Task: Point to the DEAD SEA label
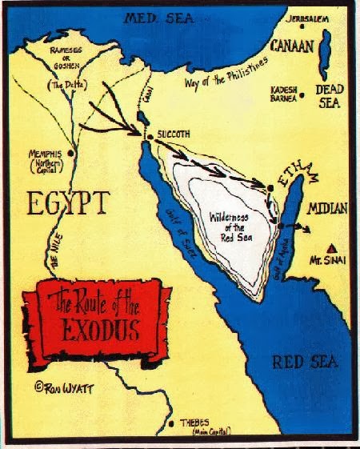330,95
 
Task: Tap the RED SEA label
298,362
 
